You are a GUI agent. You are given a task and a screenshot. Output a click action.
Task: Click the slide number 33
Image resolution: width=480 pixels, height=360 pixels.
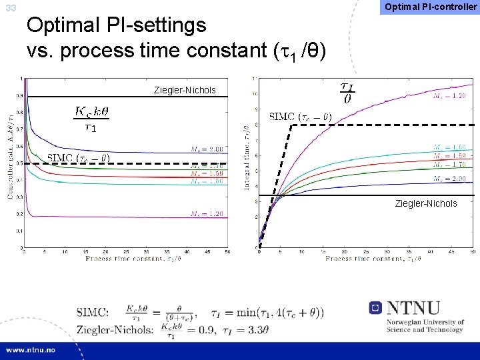(x=11, y=8)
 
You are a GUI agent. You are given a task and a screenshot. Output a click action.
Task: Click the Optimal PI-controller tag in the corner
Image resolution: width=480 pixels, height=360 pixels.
(x=429, y=7)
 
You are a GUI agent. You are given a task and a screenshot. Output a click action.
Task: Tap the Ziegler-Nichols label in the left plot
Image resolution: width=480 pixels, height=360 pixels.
(x=185, y=90)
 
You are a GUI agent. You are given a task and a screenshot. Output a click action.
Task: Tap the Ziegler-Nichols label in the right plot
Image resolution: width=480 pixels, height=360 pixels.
(x=426, y=203)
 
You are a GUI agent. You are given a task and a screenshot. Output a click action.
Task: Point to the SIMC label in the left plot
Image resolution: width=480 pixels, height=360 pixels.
(x=78, y=158)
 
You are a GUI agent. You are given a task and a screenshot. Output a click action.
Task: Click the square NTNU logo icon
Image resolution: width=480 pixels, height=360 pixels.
(x=375, y=308)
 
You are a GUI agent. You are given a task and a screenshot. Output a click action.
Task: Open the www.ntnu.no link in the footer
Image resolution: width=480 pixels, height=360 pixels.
(x=33, y=349)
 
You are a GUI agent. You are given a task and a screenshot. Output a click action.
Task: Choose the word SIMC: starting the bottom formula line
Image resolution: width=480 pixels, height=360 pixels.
(x=97, y=311)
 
